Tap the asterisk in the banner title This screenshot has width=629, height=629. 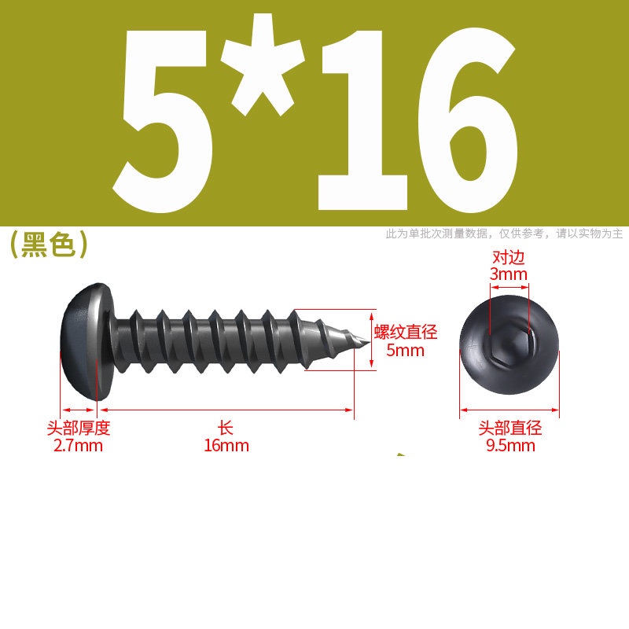coord(263,66)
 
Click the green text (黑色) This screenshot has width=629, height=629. coord(48,245)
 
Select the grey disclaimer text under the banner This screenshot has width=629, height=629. coord(504,234)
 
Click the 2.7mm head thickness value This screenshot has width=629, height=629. coord(78,446)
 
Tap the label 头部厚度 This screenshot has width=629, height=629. coord(78,428)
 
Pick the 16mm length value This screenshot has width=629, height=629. coord(226,446)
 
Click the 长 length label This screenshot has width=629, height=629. coord(226,428)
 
